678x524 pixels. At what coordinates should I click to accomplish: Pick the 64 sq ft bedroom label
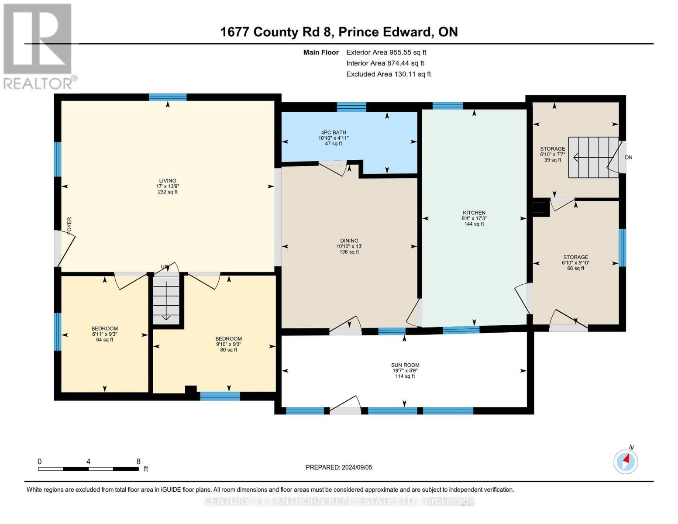(104, 334)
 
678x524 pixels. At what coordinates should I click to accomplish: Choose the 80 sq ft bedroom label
(228, 344)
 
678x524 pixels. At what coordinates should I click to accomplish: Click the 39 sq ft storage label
(552, 154)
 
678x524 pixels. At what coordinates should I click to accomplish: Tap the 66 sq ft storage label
(575, 262)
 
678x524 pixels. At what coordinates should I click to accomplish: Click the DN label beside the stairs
(628, 158)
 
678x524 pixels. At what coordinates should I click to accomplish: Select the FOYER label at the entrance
(69, 225)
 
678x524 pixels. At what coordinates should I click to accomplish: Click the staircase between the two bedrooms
(166, 300)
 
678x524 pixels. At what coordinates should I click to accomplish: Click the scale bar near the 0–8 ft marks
(88, 469)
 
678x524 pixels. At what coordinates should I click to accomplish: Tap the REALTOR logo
(38, 46)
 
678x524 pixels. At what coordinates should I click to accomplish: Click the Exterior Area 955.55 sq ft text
(386, 52)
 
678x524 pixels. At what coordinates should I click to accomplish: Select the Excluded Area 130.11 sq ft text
(388, 74)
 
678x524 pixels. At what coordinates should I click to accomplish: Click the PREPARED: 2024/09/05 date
(339, 467)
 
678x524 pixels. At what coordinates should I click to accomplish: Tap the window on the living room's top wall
(168, 97)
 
